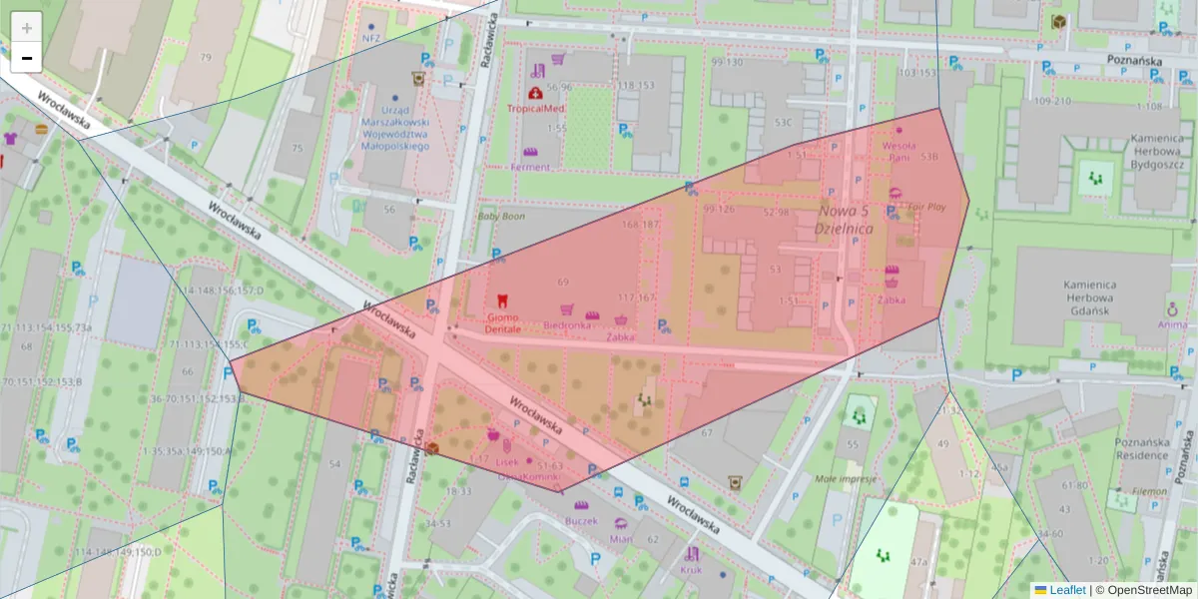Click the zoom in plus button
click(27, 28)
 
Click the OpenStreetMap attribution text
click(1144, 590)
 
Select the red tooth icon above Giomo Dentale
click(502, 299)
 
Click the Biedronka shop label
click(568, 325)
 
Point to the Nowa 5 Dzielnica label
click(844, 220)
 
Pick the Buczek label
click(580, 520)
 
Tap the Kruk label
click(691, 570)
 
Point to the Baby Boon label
click(501, 215)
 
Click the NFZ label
click(372, 39)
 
